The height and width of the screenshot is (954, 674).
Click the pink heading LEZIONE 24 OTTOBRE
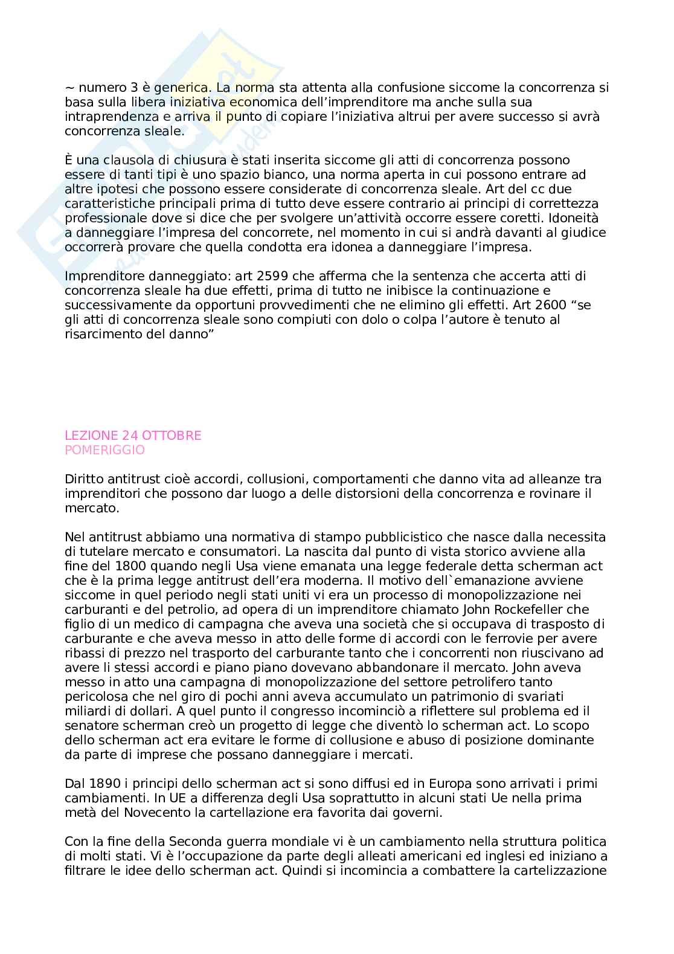133,436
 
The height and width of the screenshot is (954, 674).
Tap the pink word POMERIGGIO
104,450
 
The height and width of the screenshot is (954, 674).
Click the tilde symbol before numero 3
69,88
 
